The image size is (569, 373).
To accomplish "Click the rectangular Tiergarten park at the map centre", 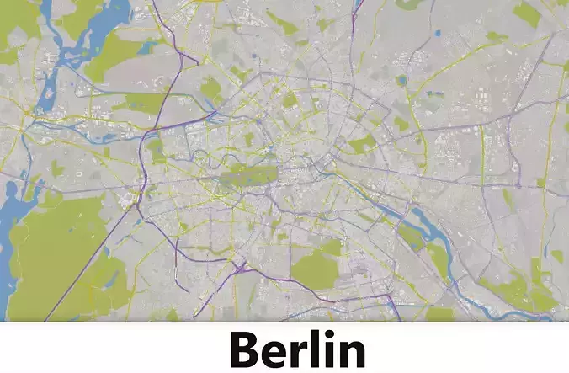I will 249,175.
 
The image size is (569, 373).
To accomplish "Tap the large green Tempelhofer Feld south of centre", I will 316,269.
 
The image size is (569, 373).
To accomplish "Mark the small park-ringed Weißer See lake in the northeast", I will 402,82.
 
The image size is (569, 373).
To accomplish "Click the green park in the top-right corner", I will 526,13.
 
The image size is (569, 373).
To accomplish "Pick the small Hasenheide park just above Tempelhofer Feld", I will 332,247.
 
